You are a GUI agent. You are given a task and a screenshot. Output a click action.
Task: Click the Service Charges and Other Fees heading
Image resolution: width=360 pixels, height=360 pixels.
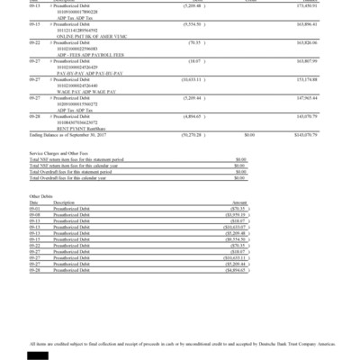click(62, 179)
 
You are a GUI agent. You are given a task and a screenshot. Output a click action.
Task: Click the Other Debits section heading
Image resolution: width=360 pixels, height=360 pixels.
click(42, 220)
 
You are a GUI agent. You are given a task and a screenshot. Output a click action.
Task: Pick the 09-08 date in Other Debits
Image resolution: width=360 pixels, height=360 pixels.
click(36, 238)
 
